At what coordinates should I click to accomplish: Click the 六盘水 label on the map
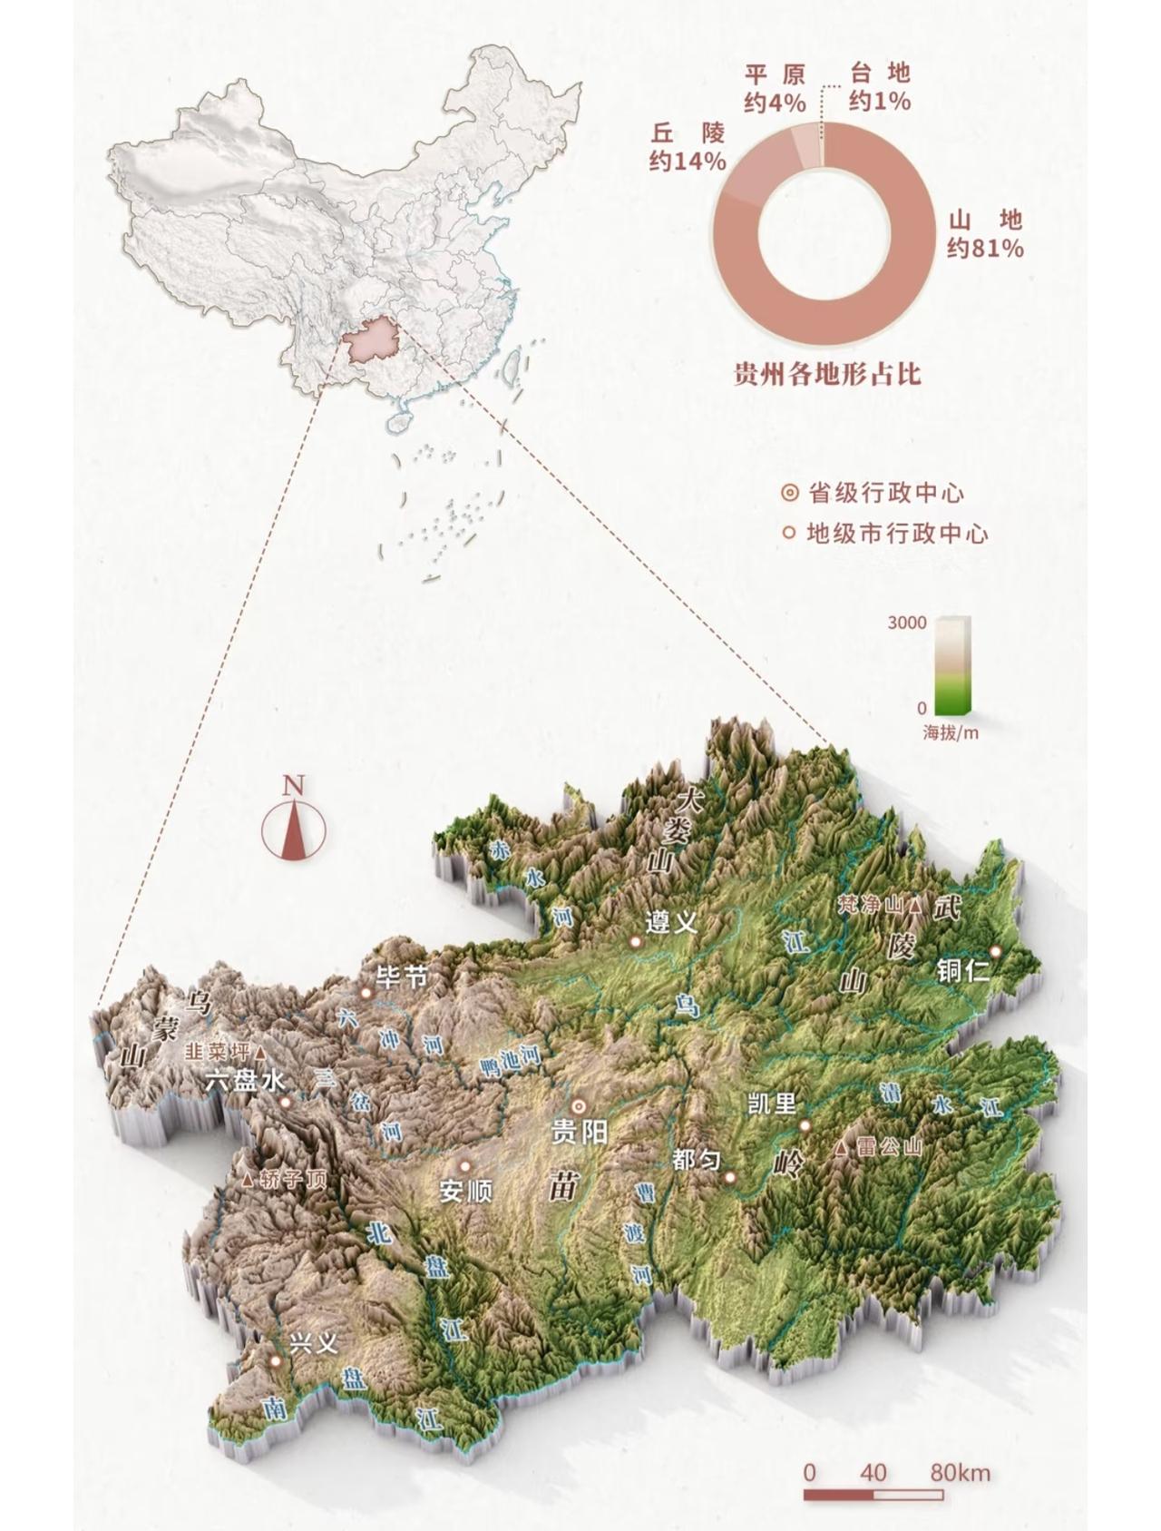pos(245,1081)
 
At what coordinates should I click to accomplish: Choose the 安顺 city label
pos(465,1191)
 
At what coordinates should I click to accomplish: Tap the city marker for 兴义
pos(275,1360)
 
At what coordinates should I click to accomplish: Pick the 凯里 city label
pos(772,1104)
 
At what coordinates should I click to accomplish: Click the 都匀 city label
pos(697,1159)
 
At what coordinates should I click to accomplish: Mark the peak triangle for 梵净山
pos(915,905)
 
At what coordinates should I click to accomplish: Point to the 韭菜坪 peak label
pos(217,1052)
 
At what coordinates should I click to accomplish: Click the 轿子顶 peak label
pos(291,1181)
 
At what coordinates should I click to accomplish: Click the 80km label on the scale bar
pos(960,1473)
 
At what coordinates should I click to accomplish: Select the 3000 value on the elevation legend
pos(907,623)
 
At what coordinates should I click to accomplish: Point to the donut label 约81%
pos(985,248)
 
